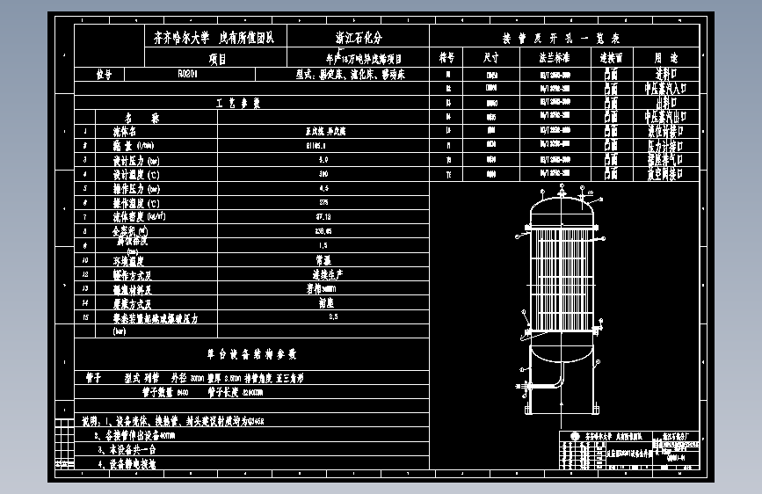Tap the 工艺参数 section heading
tap(238, 103)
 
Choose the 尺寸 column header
tap(491, 57)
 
